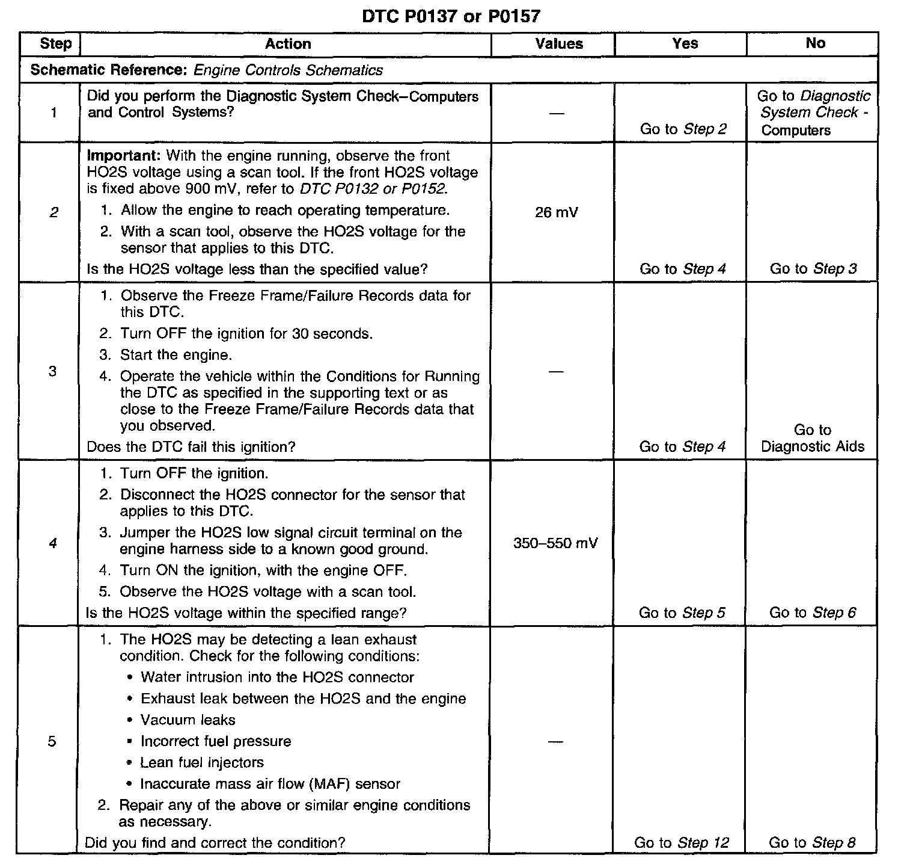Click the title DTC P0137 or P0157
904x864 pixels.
coord(451,16)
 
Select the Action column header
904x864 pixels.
coord(288,44)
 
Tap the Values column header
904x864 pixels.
coord(559,44)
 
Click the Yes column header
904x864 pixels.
coord(685,43)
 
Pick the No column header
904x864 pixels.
coord(815,43)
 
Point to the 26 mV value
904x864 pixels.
coord(556,212)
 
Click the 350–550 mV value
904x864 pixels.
coord(555,544)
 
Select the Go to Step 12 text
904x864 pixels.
coord(682,843)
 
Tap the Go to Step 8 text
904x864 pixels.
coord(812,843)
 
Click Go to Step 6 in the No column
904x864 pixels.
coord(813,613)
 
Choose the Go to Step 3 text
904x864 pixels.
coord(813,269)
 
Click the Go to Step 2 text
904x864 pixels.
coord(683,129)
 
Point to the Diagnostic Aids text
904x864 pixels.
coord(813,446)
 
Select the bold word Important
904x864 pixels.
coord(124,156)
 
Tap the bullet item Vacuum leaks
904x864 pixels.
coord(188,720)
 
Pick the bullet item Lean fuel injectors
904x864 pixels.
coord(202,763)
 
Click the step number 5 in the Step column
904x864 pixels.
coord(52,742)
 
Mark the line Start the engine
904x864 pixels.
coord(176,355)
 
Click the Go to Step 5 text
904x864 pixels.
coord(682,613)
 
